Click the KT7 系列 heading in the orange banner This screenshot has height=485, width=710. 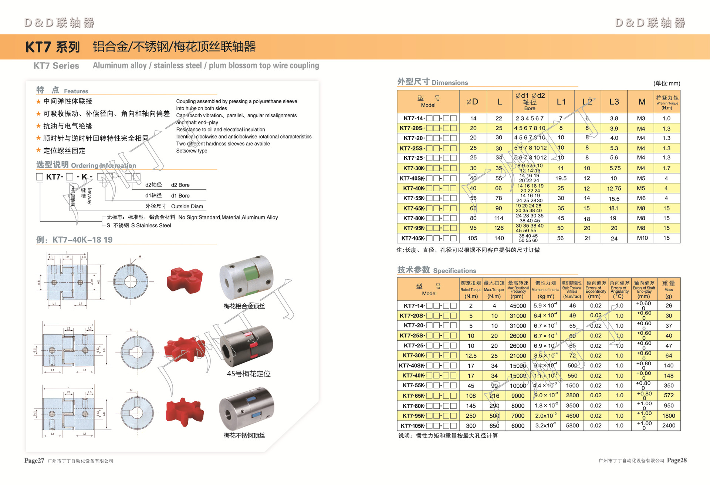tap(53, 47)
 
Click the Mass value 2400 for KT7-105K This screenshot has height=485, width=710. tap(669, 425)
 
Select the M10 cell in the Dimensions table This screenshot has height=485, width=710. tap(642, 238)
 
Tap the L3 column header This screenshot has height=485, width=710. tap(614, 102)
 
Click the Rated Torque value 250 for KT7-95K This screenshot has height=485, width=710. tap(471, 415)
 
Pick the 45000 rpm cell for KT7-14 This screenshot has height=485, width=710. tap(518, 306)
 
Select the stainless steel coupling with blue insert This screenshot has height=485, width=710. tap(246, 409)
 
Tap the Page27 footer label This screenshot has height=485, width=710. tap(34, 461)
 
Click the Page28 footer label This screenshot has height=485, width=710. tap(677, 460)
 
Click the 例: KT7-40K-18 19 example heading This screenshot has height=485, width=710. tap(74, 240)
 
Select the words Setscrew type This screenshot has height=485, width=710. tap(192, 151)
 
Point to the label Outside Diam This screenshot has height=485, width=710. tap(187, 206)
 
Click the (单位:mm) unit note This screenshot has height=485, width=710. tap(666, 83)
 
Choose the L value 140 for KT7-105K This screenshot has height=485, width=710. tap(499, 238)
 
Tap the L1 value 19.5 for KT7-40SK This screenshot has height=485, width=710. tap(561, 178)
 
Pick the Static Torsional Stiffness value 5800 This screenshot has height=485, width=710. tap(572, 425)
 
